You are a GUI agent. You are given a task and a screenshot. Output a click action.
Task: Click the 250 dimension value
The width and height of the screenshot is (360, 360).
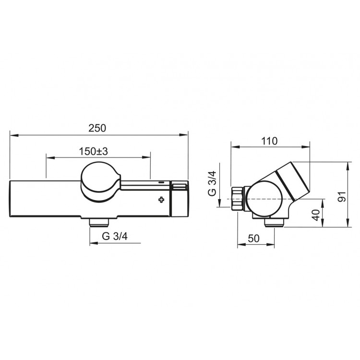(97, 128)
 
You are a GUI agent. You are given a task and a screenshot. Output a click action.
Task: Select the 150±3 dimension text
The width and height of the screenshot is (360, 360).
(94, 151)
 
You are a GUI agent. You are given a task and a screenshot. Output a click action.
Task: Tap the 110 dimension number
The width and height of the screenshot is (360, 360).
(270, 141)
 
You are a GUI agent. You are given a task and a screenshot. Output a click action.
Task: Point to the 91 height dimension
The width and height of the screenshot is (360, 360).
(342, 196)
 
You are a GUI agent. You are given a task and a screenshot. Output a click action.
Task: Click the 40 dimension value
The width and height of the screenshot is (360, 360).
(316, 215)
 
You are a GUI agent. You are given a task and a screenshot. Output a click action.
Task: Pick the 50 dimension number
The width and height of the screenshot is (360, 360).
(254, 239)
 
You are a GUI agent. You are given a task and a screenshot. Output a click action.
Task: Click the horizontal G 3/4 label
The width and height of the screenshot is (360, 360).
(115, 236)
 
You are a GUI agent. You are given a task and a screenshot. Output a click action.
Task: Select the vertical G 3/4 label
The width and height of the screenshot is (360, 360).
(212, 183)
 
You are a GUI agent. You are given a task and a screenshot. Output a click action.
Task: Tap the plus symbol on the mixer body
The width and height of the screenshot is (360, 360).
(161, 200)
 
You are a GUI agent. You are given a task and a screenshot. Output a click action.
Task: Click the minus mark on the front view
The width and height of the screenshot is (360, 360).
(161, 183)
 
